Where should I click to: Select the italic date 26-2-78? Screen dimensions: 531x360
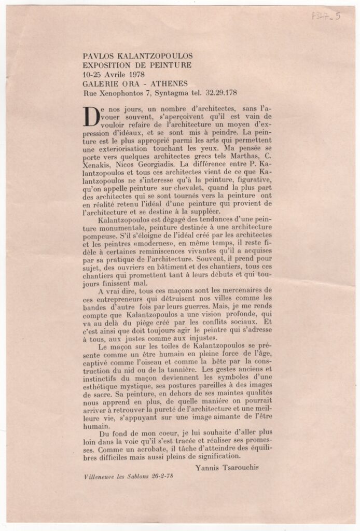[x=159, y=477]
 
